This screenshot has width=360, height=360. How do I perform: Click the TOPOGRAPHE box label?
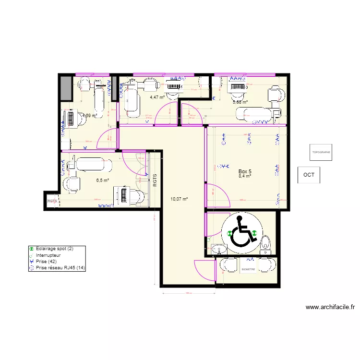321,152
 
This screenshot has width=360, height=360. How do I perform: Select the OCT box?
309,175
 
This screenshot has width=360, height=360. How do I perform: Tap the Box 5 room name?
245,171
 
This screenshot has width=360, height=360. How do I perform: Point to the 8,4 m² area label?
245,176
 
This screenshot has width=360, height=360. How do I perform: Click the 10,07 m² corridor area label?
179,199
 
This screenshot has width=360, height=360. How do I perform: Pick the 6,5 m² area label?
102,180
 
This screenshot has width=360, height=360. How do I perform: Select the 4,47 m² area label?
157,97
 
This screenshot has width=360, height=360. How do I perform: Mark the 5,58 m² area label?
240,102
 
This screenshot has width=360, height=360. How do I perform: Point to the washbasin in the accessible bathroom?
220,250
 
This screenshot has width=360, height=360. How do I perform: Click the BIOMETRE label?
248,270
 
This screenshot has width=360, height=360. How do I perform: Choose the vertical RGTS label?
155,180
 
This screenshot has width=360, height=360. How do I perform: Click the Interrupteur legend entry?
48,255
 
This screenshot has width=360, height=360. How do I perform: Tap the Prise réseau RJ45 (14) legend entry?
57,268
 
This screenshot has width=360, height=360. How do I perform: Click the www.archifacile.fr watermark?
330,307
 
